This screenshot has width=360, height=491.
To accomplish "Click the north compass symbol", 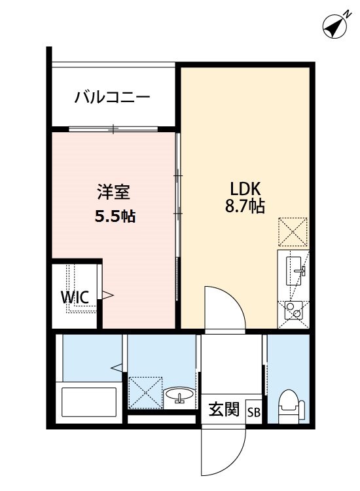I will coord(334,27).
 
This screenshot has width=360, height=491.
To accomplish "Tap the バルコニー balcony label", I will coord(112,97).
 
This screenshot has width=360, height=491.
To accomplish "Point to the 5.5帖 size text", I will coord(115,216).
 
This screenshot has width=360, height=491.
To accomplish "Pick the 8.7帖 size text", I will coord(245,208).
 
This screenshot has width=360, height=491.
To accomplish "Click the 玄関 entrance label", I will coord(223,410).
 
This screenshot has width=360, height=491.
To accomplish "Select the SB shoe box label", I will coord(253,412).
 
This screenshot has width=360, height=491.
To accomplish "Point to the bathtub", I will coord(88,401).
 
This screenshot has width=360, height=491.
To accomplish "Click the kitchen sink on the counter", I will coord(298,269).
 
